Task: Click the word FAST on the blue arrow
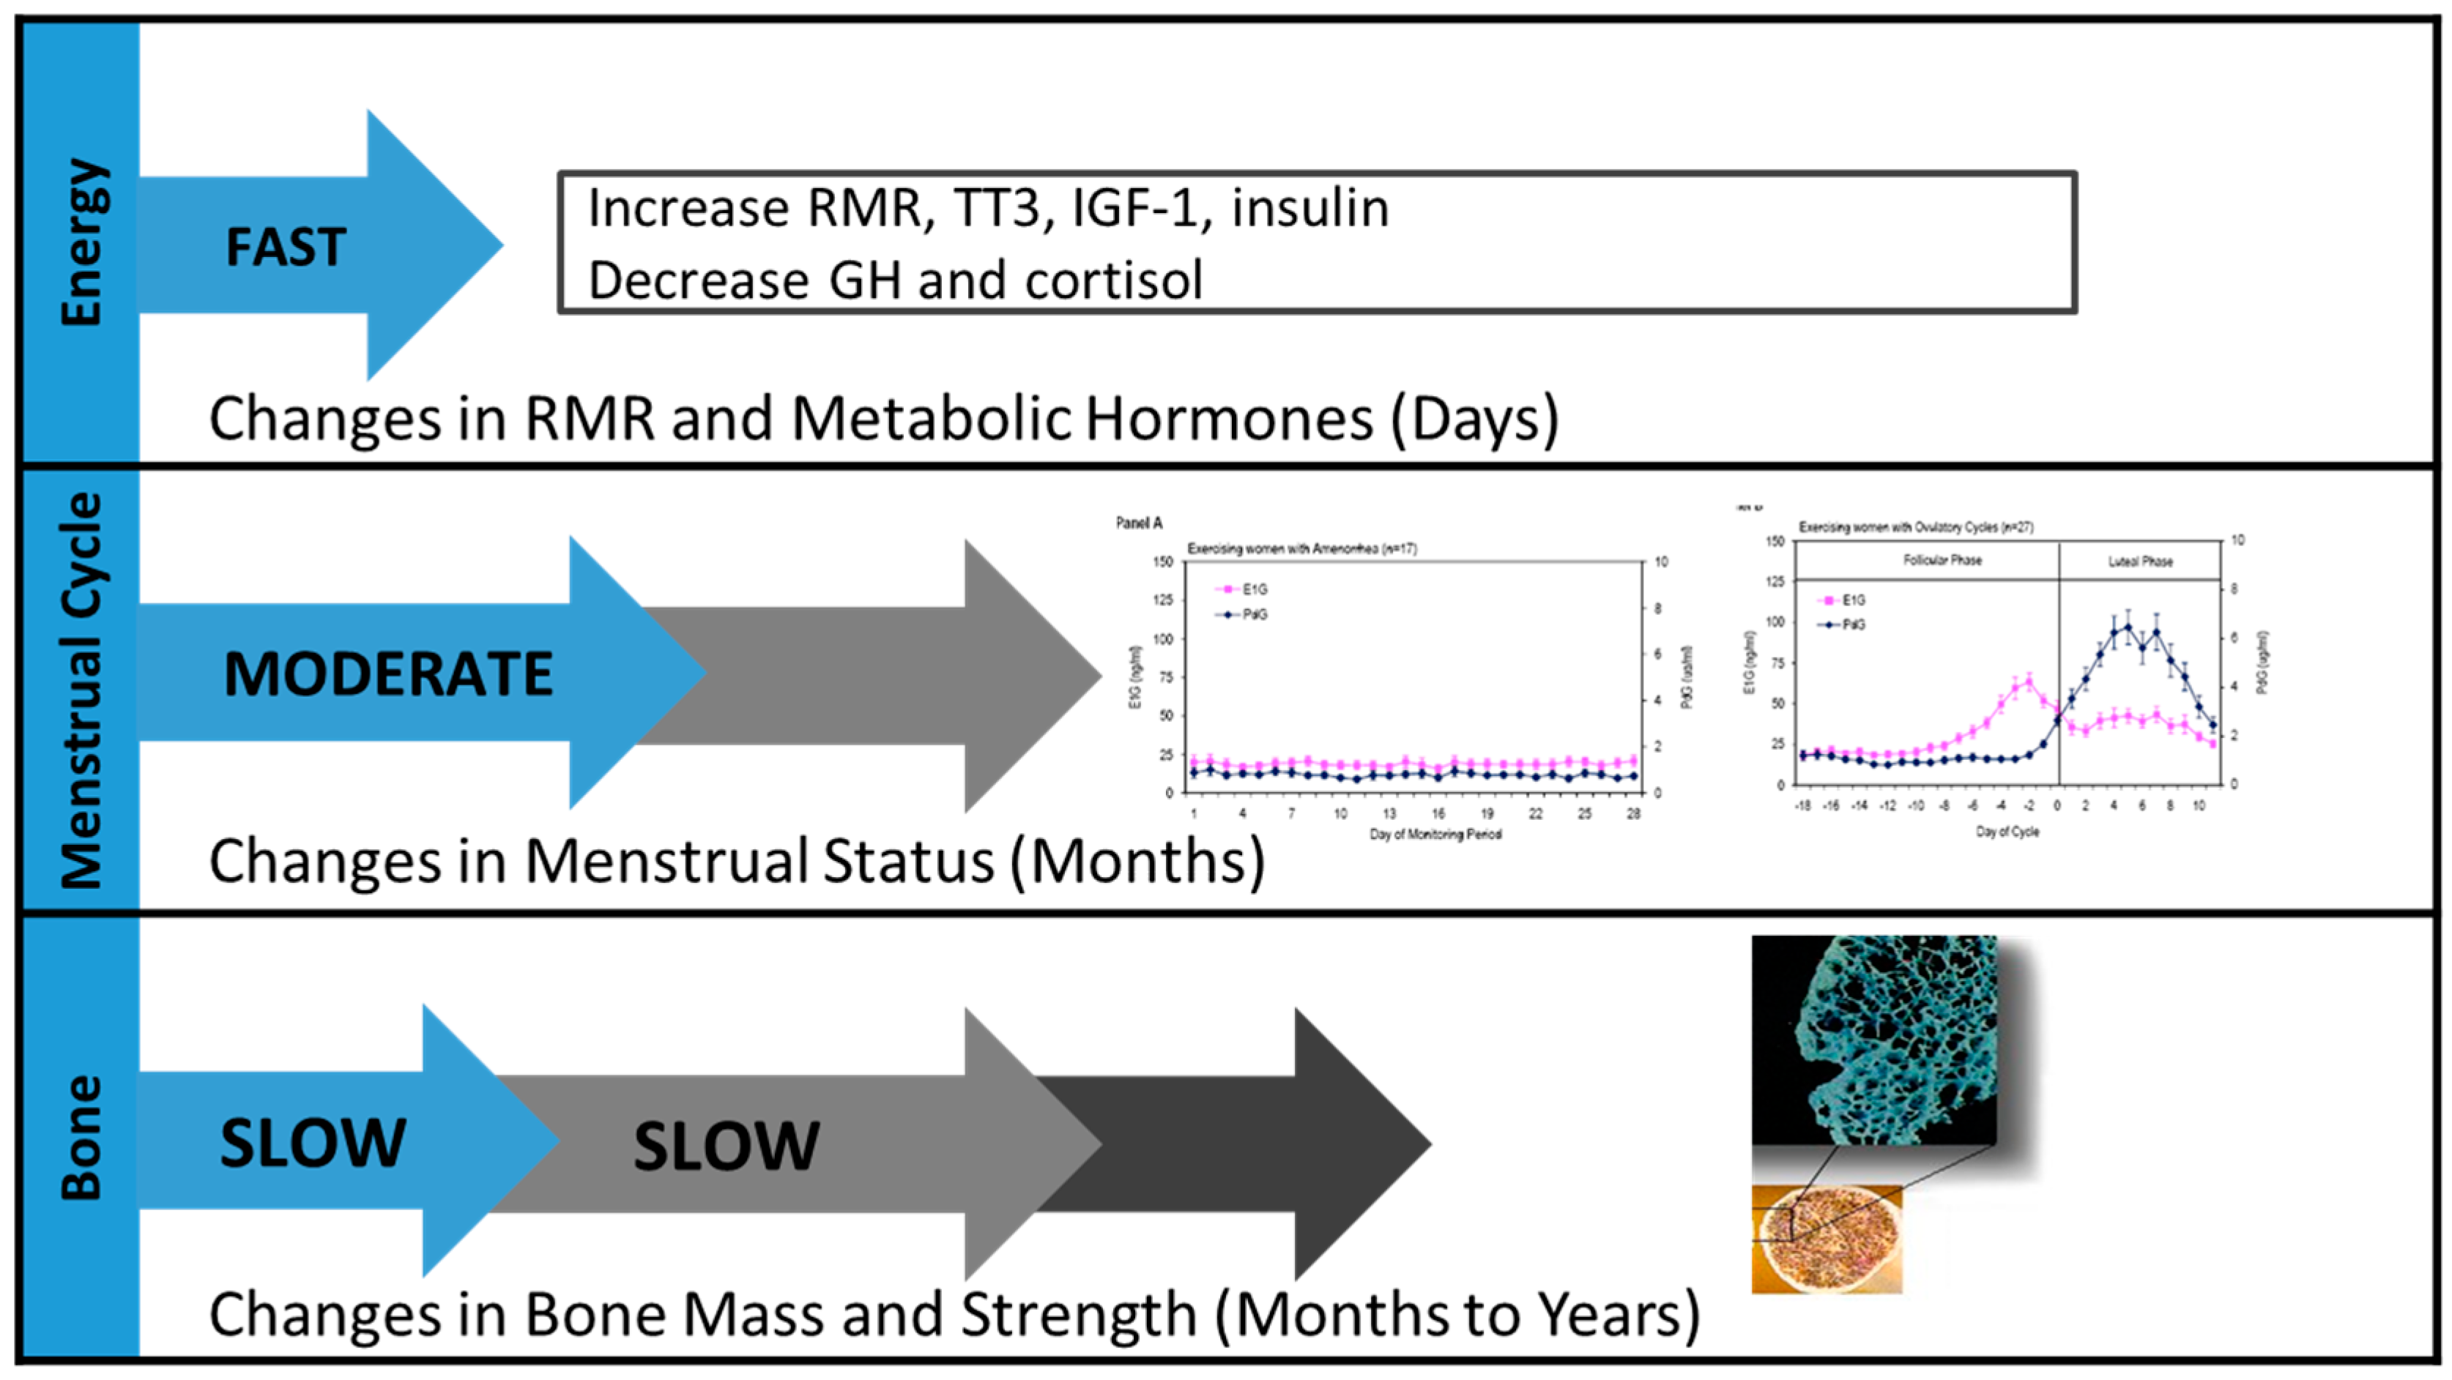pos(285,247)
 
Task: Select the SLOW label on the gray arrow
pos(727,1146)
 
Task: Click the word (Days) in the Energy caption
pos(1474,419)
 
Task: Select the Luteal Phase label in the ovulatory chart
pos(2140,562)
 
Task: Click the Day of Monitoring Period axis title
pos(1435,835)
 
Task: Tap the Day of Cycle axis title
pos(2007,832)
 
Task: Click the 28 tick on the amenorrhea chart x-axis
pos(1633,814)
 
